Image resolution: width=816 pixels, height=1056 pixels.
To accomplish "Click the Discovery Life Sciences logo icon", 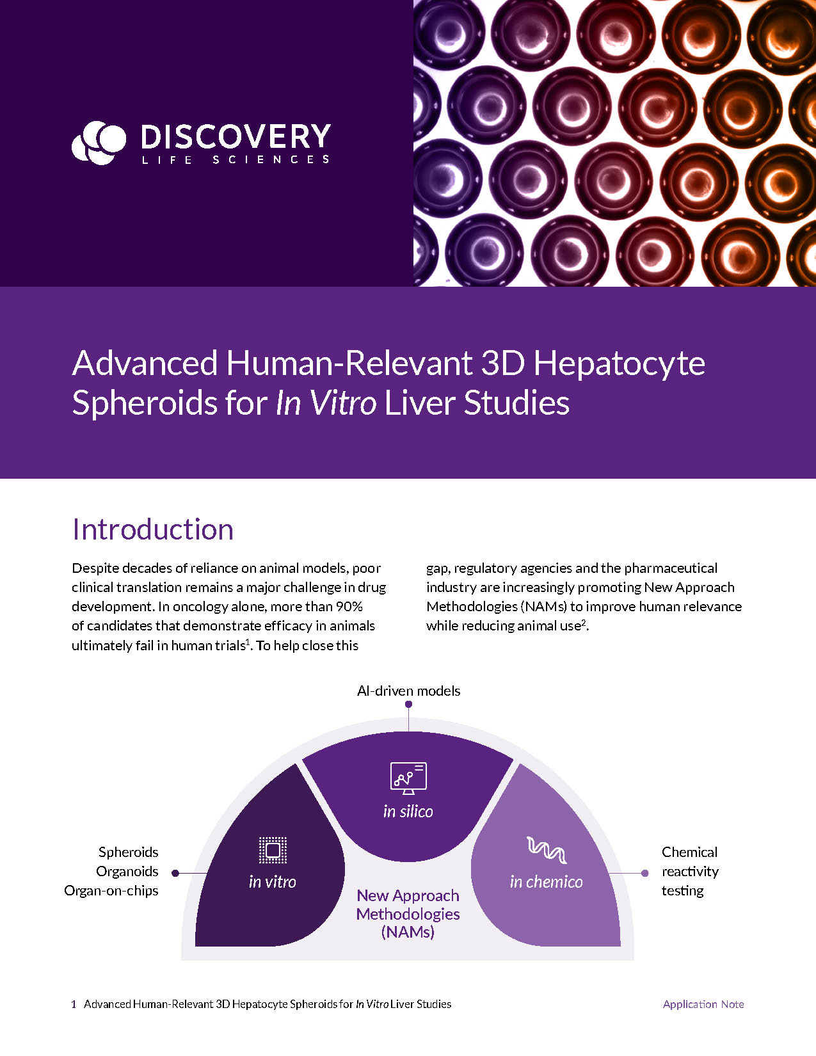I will point(99,142).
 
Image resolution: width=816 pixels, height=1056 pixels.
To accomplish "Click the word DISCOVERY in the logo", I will point(235,136).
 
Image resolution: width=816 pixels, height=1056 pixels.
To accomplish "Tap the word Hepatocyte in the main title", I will point(619,364).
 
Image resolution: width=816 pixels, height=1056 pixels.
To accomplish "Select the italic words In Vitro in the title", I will point(326,403).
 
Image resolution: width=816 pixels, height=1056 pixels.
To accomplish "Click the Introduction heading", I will point(153,529).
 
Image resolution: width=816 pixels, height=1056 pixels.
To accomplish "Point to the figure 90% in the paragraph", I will point(349,606).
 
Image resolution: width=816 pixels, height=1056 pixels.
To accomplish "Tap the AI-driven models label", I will point(408,691).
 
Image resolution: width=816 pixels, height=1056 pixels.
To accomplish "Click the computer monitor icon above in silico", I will point(408,778).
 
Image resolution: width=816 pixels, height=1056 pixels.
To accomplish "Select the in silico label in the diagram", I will point(408,812).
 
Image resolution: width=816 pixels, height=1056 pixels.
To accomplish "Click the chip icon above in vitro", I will point(273,850).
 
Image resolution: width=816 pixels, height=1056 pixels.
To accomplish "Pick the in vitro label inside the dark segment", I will point(273,882).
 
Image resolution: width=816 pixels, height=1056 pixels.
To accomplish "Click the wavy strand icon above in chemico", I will point(547,850).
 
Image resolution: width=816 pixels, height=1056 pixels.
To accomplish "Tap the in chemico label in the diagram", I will point(547,882).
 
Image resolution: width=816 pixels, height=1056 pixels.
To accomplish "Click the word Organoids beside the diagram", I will point(127,871).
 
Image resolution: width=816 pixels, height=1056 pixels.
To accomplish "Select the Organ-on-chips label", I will point(111,890).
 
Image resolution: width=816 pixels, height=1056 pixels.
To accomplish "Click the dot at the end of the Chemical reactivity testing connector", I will point(645,872).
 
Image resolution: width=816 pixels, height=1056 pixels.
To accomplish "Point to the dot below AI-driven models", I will point(408,704).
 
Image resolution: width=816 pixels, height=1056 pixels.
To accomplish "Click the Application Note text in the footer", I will point(703,1004).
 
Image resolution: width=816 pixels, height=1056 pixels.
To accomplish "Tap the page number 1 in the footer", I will point(74,1004).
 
